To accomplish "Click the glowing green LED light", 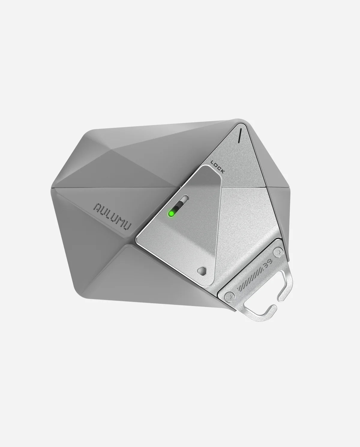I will pyautogui.click(x=171, y=213).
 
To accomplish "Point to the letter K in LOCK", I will pyautogui.click(x=223, y=172).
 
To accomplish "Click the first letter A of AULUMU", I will pyautogui.click(x=97, y=207).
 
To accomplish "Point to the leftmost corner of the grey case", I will pyautogui.click(x=53, y=187).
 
